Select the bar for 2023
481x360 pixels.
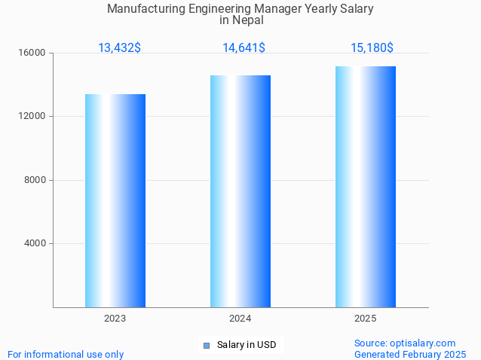click(115, 200)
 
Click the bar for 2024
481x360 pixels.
click(240, 191)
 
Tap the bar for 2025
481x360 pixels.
click(366, 187)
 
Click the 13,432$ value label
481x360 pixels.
click(119, 47)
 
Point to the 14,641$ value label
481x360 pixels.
click(244, 47)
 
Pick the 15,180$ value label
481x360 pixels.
click(372, 47)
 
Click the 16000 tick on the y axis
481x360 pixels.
click(32, 53)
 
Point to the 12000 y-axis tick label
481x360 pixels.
click(32, 117)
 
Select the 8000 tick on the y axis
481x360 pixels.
click(35, 180)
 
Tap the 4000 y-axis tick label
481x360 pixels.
click(35, 243)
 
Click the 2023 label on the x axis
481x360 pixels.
click(115, 319)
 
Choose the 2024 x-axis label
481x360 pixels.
click(240, 319)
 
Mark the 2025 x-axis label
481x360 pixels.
click(366, 319)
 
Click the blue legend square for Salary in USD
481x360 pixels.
click(206, 346)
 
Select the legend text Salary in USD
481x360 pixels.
click(247, 345)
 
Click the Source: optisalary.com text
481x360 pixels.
click(405, 343)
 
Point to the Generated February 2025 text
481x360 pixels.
click(410, 354)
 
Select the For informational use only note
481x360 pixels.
click(66, 354)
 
